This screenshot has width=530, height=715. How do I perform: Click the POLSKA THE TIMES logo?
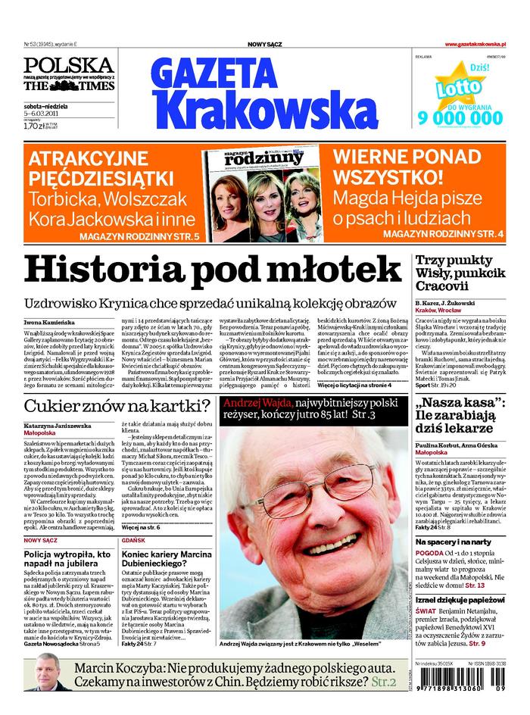tap(68, 75)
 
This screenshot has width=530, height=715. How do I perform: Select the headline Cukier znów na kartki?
tap(117, 405)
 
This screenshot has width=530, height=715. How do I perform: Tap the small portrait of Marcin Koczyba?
tap(42, 673)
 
